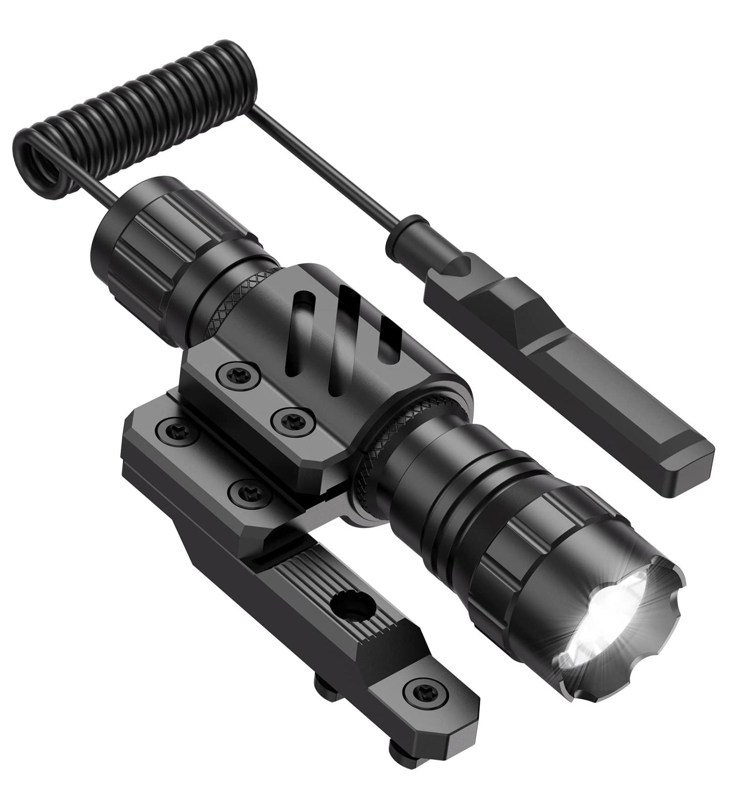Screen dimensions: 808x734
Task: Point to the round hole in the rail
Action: pyautogui.click(x=351, y=607)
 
